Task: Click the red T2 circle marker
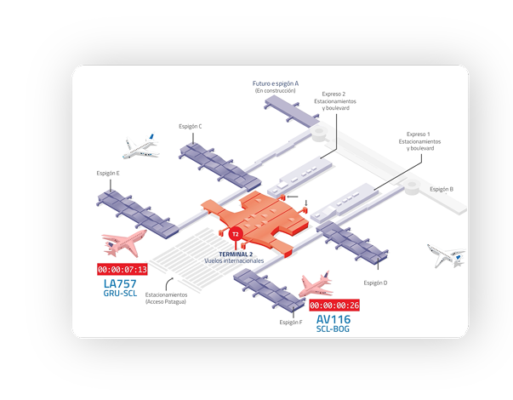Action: (x=236, y=233)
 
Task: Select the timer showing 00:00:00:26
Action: (x=334, y=305)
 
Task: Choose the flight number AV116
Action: (x=333, y=319)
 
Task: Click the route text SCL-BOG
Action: (x=333, y=329)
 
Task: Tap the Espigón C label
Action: (x=191, y=126)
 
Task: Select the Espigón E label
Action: (x=108, y=173)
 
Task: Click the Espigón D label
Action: (x=375, y=283)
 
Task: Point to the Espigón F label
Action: (x=291, y=323)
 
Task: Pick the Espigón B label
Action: (x=442, y=189)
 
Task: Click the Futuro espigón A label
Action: (x=275, y=84)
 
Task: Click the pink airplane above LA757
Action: (x=123, y=243)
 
